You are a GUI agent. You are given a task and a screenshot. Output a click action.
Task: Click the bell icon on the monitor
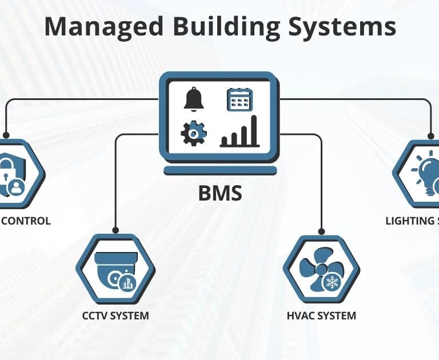[194, 99]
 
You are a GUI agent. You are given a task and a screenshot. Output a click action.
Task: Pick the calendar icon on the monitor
[240, 99]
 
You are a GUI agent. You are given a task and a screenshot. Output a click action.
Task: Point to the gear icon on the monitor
[193, 133]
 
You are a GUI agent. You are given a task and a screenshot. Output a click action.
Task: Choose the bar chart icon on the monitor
[240, 132]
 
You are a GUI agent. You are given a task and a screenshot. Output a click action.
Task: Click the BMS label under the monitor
[220, 194]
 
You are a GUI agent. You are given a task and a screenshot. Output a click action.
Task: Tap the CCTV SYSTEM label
[115, 315]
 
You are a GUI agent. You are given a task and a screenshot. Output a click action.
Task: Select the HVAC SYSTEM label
[321, 315]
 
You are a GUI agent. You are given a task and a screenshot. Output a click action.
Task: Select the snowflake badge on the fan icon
[332, 281]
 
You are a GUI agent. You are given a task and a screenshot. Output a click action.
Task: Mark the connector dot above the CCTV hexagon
[115, 231]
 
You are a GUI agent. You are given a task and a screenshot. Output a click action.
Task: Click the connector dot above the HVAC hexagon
[321, 231]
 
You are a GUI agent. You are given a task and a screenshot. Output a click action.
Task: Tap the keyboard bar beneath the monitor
[220, 171]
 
